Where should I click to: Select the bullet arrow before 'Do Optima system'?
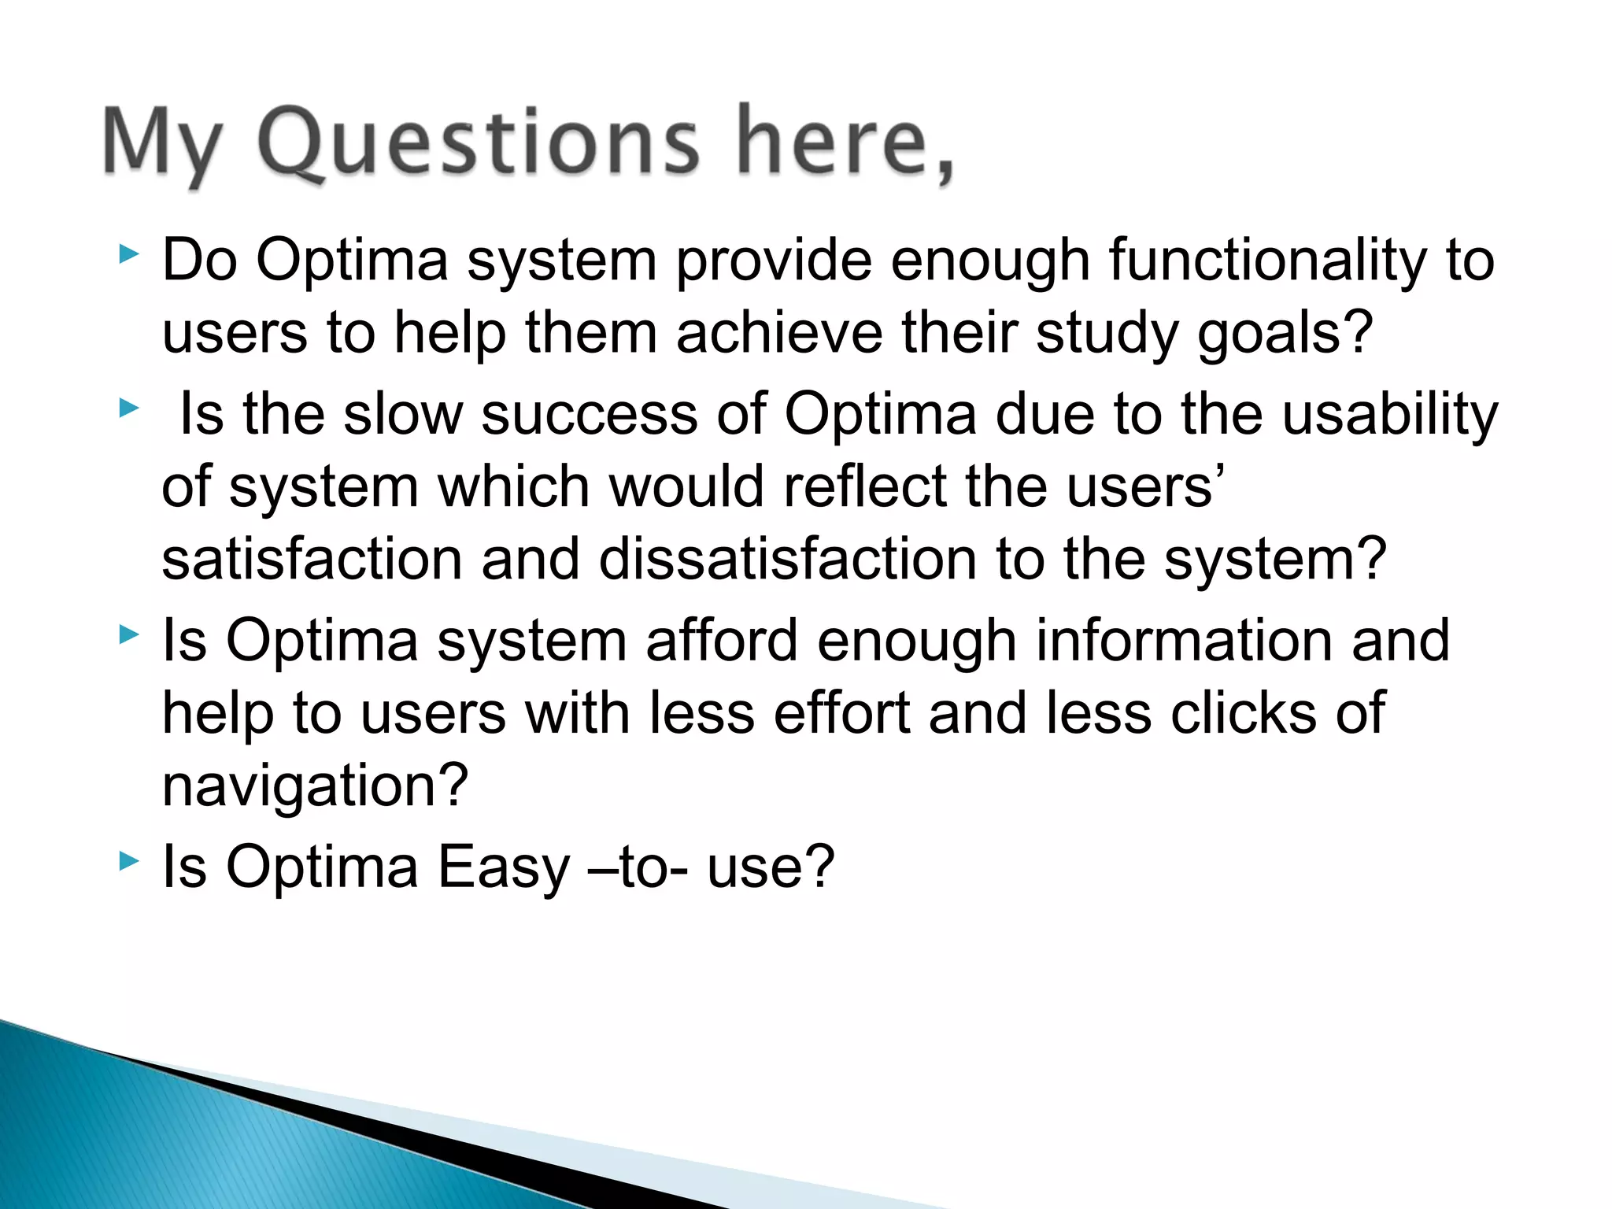pyautogui.click(x=128, y=254)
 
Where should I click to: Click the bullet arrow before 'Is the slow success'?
pyautogui.click(x=128, y=408)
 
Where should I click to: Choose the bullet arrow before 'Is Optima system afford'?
pyautogui.click(x=128, y=634)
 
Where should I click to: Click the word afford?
pyautogui.click(x=722, y=640)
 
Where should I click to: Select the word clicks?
pyautogui.click(x=1243, y=713)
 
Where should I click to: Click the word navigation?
pyautogui.click(x=315, y=787)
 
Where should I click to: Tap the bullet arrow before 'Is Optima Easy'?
pyautogui.click(x=128, y=861)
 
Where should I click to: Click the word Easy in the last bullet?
pyautogui.click(x=503, y=867)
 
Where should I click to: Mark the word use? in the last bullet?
pyautogui.click(x=770, y=867)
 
